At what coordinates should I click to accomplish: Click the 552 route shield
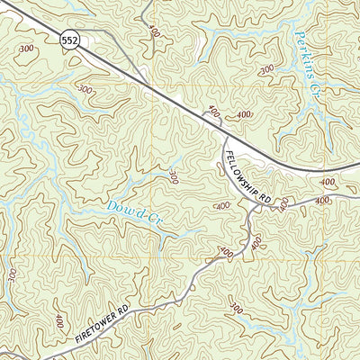[69, 40]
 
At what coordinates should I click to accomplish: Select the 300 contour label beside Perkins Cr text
[266, 69]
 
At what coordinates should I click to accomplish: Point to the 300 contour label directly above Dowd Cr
[173, 176]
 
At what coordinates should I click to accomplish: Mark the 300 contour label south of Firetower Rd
[236, 309]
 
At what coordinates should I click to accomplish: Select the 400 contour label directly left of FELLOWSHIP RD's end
[222, 206]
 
